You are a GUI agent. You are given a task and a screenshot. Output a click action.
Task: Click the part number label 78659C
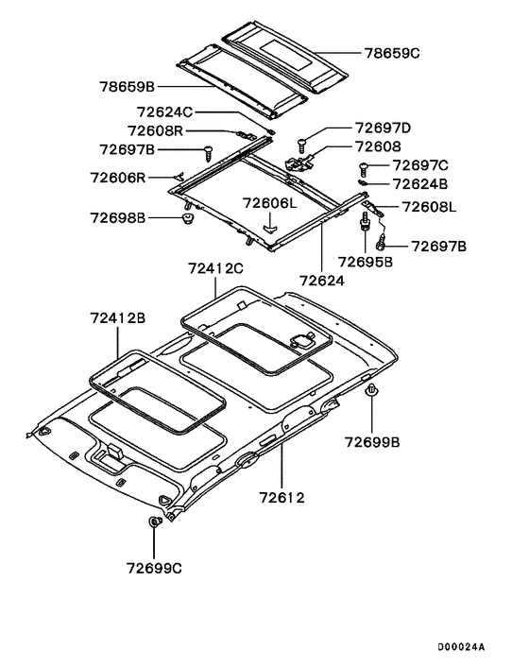(x=392, y=53)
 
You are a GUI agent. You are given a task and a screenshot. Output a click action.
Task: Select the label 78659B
(x=128, y=87)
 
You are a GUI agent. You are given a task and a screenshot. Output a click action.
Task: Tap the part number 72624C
(x=164, y=112)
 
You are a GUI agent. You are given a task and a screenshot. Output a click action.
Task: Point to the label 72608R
(x=155, y=130)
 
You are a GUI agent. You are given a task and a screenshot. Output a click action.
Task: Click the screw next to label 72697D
(x=302, y=145)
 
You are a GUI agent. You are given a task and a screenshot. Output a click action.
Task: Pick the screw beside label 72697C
(x=364, y=170)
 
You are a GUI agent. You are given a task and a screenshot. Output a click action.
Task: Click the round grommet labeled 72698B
(x=188, y=218)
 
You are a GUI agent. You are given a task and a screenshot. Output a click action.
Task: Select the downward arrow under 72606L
(x=269, y=222)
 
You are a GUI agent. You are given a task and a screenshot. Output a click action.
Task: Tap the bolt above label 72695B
(x=365, y=222)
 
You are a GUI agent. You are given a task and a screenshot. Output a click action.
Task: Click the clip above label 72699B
(x=372, y=389)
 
